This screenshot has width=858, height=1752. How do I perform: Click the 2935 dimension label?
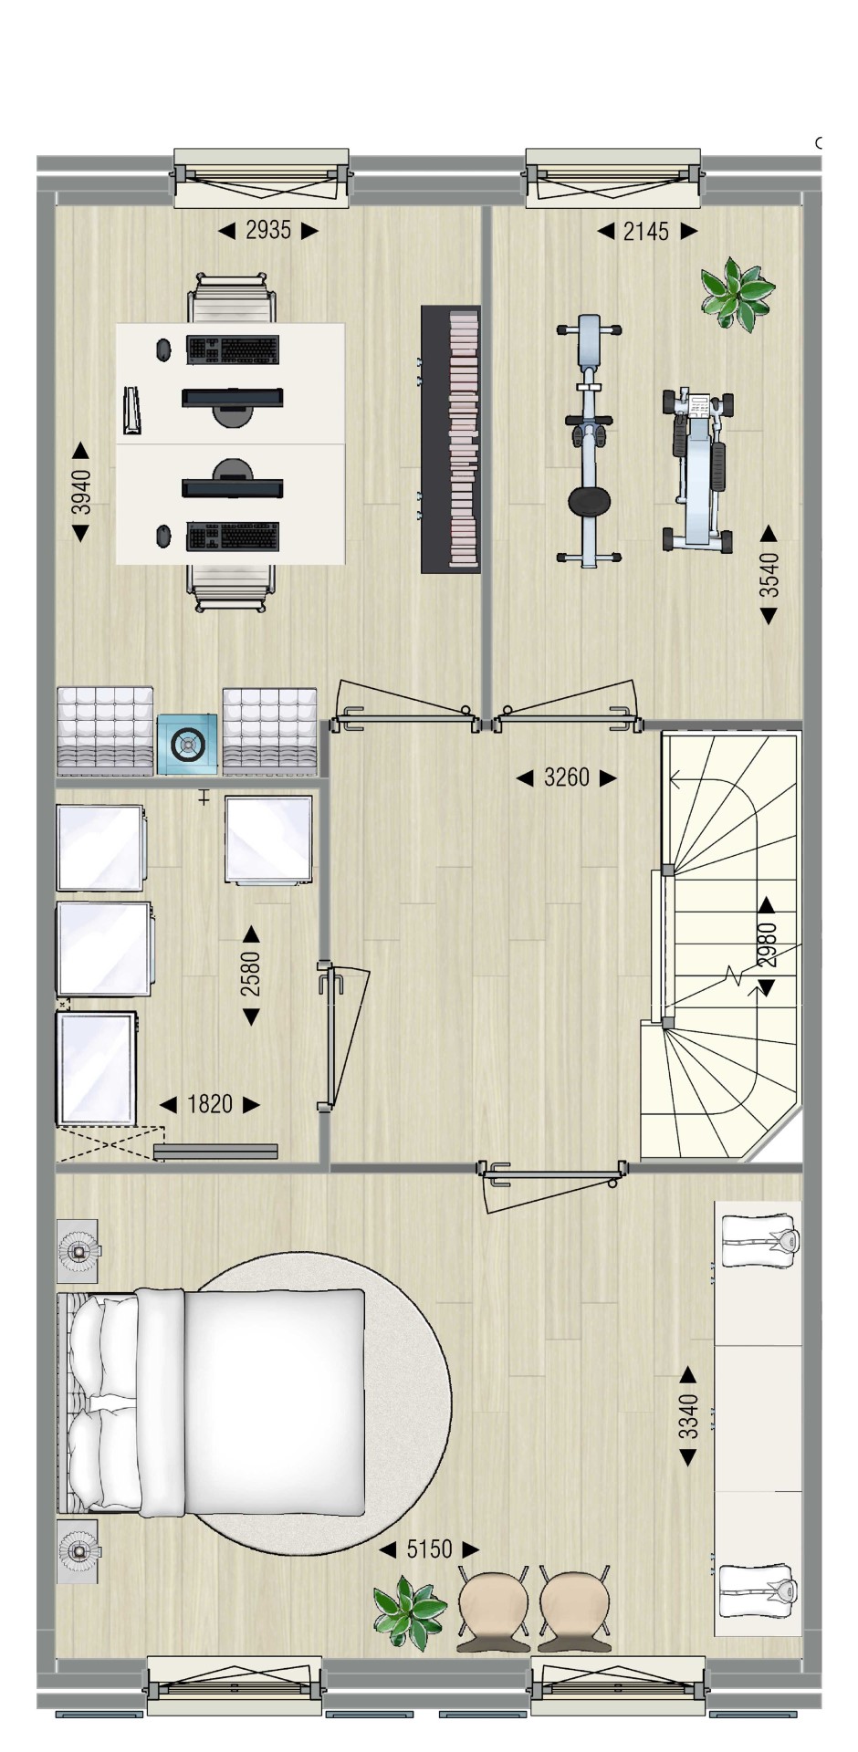[268, 231]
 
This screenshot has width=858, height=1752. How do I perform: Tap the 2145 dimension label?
[646, 232]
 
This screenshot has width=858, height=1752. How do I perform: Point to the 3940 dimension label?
[81, 492]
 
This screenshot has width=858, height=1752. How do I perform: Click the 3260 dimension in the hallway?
[567, 777]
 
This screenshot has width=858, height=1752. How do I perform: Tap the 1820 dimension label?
[210, 1104]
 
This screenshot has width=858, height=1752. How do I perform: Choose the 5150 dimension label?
[429, 1549]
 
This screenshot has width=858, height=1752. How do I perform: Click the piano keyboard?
[451, 439]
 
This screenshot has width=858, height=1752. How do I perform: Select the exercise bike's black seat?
[590, 501]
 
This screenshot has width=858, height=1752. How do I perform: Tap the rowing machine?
[698, 469]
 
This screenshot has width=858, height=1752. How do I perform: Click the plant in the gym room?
[737, 292]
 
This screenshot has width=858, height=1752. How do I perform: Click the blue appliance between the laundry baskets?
[187, 745]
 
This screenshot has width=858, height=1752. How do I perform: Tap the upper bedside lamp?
[78, 1252]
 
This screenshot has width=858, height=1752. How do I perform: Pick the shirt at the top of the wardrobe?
[760, 1240]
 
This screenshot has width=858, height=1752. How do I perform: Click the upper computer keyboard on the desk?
[233, 349]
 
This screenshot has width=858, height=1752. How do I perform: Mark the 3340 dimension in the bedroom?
[689, 1416]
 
